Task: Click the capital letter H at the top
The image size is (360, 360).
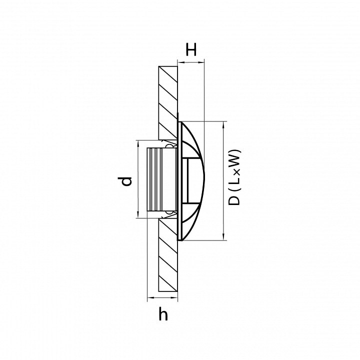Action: (x=191, y=49)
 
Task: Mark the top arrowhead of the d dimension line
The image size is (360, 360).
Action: (x=138, y=143)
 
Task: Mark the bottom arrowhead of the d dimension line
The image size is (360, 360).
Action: (x=138, y=214)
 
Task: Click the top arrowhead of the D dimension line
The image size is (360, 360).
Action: (x=223, y=125)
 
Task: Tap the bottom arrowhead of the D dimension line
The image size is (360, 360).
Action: (x=223, y=236)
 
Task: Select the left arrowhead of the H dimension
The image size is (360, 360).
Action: (x=181, y=62)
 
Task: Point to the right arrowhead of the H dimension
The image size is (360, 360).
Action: (x=200, y=62)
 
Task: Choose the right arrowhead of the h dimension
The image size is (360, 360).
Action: (x=174, y=298)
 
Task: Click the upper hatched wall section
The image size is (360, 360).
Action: (x=168, y=102)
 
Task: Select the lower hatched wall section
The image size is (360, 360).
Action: (x=168, y=255)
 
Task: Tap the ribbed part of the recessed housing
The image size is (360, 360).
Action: (x=154, y=179)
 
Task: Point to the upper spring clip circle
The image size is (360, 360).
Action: (x=169, y=146)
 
